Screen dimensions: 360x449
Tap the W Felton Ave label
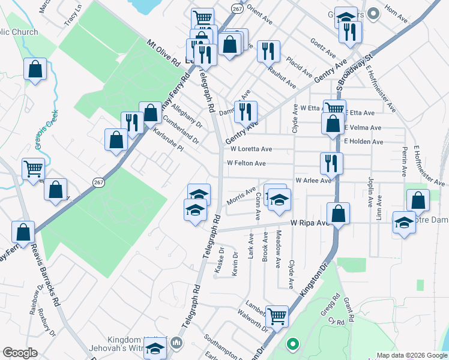coord(246,163)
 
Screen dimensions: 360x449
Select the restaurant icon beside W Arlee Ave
coord(331,163)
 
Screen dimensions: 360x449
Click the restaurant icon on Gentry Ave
coord(246,111)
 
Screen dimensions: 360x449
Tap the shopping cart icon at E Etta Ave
coord(334,109)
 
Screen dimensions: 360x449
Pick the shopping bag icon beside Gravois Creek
coord(35,69)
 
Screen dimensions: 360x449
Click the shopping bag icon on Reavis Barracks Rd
coord(23,231)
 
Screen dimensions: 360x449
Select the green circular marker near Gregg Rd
coord(292,344)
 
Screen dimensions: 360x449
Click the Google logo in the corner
coord(20,353)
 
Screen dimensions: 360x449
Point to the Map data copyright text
coord(412,355)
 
